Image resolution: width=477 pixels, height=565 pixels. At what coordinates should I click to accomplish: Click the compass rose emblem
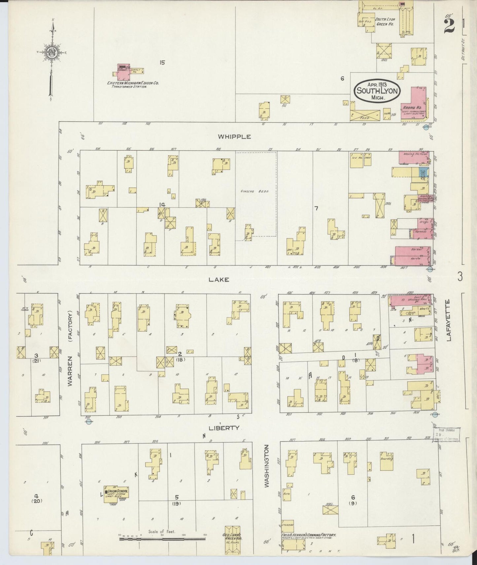(x=51, y=53)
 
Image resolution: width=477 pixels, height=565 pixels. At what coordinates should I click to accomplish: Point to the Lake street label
(x=219, y=280)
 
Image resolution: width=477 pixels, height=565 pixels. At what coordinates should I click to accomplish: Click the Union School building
(x=116, y=494)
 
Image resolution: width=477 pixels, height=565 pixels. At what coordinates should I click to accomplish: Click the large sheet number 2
(x=449, y=24)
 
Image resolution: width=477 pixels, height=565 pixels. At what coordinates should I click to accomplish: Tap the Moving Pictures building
(x=414, y=157)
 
